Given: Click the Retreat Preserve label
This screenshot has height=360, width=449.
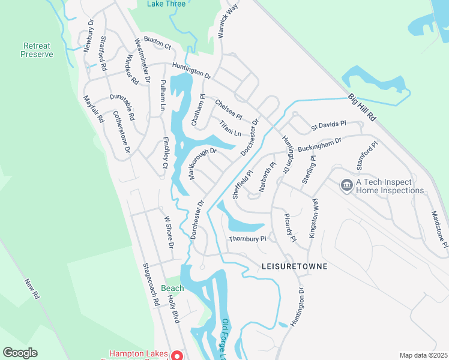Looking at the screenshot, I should pyautogui.click(x=38, y=50).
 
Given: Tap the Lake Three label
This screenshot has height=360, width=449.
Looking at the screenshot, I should pyautogui.click(x=166, y=4).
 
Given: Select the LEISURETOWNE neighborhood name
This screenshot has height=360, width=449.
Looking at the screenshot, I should pyautogui.click(x=295, y=266).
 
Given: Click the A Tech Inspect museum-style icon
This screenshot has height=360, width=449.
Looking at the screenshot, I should pyautogui.click(x=346, y=186).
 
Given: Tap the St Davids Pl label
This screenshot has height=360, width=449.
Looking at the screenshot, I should pyautogui.click(x=328, y=127).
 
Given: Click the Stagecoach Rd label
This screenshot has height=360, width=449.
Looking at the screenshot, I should pyautogui.click(x=150, y=284).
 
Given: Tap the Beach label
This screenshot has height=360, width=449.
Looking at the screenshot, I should pyautogui.click(x=172, y=288).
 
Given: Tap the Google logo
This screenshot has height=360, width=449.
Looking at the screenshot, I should pyautogui.click(x=20, y=353).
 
